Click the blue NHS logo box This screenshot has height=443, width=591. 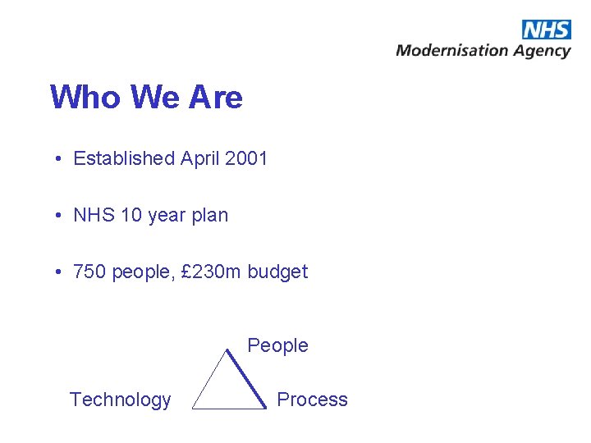tap(546, 30)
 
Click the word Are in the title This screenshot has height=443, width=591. tap(216, 98)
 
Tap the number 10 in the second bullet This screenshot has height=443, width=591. tap(131, 216)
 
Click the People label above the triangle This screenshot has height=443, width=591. tap(277, 345)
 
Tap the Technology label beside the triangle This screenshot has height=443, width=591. tap(120, 400)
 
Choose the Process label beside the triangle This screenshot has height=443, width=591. tap(312, 400)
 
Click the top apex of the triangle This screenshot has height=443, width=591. tap(227, 350)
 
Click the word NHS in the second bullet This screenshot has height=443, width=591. tap(94, 216)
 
